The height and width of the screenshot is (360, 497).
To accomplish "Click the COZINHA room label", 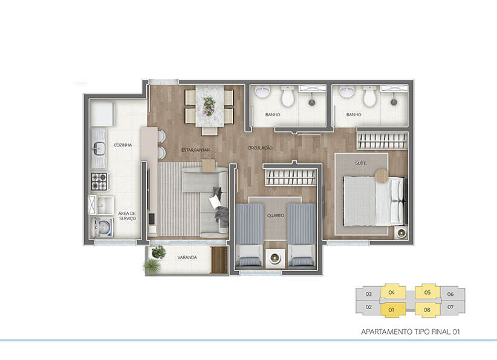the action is click(x=123, y=145).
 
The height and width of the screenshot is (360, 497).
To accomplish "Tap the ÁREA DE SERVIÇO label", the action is click(x=127, y=216).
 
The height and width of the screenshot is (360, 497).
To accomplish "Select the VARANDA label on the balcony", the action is click(x=187, y=257).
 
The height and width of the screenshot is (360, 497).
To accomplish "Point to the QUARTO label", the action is click(x=276, y=215).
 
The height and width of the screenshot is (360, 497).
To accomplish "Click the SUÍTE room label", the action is click(x=361, y=163).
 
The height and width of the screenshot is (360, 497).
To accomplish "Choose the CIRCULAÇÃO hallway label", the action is click(x=260, y=148).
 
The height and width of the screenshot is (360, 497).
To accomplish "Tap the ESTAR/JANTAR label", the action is click(x=195, y=149).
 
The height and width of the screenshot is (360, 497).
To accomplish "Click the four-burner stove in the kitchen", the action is click(x=100, y=181).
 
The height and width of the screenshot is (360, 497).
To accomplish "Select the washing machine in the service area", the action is click(x=102, y=227).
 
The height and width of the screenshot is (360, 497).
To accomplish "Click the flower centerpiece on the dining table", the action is click(x=209, y=106).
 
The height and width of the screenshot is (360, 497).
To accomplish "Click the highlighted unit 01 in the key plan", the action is click(x=391, y=310).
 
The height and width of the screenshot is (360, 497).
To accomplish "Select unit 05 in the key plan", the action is click(x=427, y=292).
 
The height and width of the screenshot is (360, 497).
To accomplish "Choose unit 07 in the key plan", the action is click(x=450, y=307).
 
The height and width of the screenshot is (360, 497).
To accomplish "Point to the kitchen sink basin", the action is click(x=99, y=148).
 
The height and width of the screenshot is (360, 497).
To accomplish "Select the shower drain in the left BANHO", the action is click(x=312, y=102).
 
